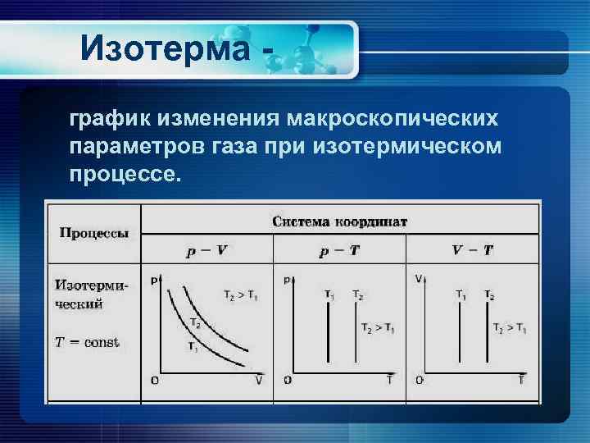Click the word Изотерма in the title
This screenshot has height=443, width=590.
pyautogui.click(x=164, y=48)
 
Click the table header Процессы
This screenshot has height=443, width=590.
pyautogui.click(x=93, y=233)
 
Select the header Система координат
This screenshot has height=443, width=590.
pyautogui.click(x=340, y=221)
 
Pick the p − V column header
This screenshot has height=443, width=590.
pyautogui.click(x=206, y=250)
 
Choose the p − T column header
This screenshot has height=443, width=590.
pyautogui.click(x=339, y=250)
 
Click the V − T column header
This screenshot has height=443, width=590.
pyautogui.click(x=473, y=250)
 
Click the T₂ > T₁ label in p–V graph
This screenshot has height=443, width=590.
pyautogui.click(x=239, y=295)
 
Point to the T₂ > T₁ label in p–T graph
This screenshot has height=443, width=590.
pyautogui.click(x=377, y=328)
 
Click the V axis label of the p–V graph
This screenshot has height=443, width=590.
pyautogui.click(x=259, y=380)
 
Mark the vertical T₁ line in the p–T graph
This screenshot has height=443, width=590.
pyautogui.click(x=329, y=332)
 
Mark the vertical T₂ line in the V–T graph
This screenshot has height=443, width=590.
pyautogui.click(x=489, y=332)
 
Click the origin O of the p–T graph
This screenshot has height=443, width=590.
pyautogui.click(x=287, y=380)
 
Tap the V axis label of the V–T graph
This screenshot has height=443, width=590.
pyautogui.click(x=419, y=280)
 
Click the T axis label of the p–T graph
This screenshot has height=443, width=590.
pyautogui.click(x=389, y=380)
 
